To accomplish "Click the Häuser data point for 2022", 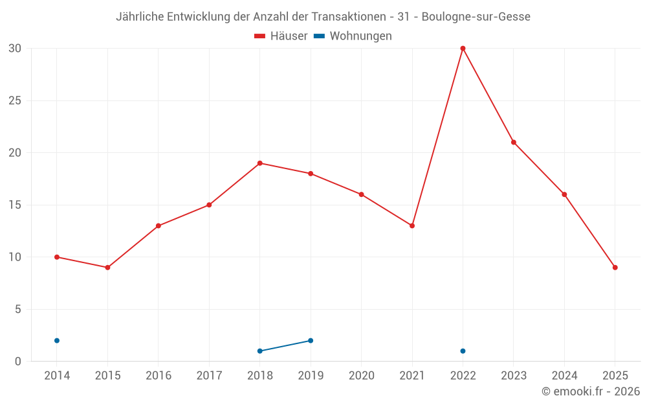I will pos(463,49).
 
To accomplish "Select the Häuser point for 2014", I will pos(57,257).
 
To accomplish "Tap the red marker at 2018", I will pos(260,163).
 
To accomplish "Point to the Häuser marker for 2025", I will pos(615,268).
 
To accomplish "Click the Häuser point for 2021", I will pos(412,226).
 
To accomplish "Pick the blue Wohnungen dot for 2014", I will pos(57,340).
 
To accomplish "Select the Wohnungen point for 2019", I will pos(311,340).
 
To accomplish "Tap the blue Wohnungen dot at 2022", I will pos(463,351).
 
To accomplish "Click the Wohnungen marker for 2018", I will pos(260,351).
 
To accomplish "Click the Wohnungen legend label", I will pos(360,36).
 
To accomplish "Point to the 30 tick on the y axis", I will pos(15,49).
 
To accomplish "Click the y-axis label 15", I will pos(15,205).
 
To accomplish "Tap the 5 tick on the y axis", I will pos(18,309).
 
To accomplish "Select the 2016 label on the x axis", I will pos(159,375).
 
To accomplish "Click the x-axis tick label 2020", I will pos(362,375).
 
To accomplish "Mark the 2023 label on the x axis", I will pos(514,375).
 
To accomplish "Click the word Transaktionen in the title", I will pos(347,17).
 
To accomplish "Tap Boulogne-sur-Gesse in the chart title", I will pos(476,17).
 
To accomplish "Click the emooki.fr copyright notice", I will pos(591,391).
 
